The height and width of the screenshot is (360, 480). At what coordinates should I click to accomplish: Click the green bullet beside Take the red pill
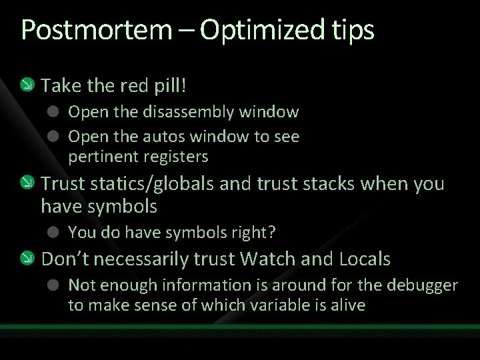tap(26, 85)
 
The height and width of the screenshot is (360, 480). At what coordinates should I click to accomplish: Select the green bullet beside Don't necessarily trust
tap(26, 259)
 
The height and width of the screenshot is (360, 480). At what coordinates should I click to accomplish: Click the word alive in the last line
tap(347, 305)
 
